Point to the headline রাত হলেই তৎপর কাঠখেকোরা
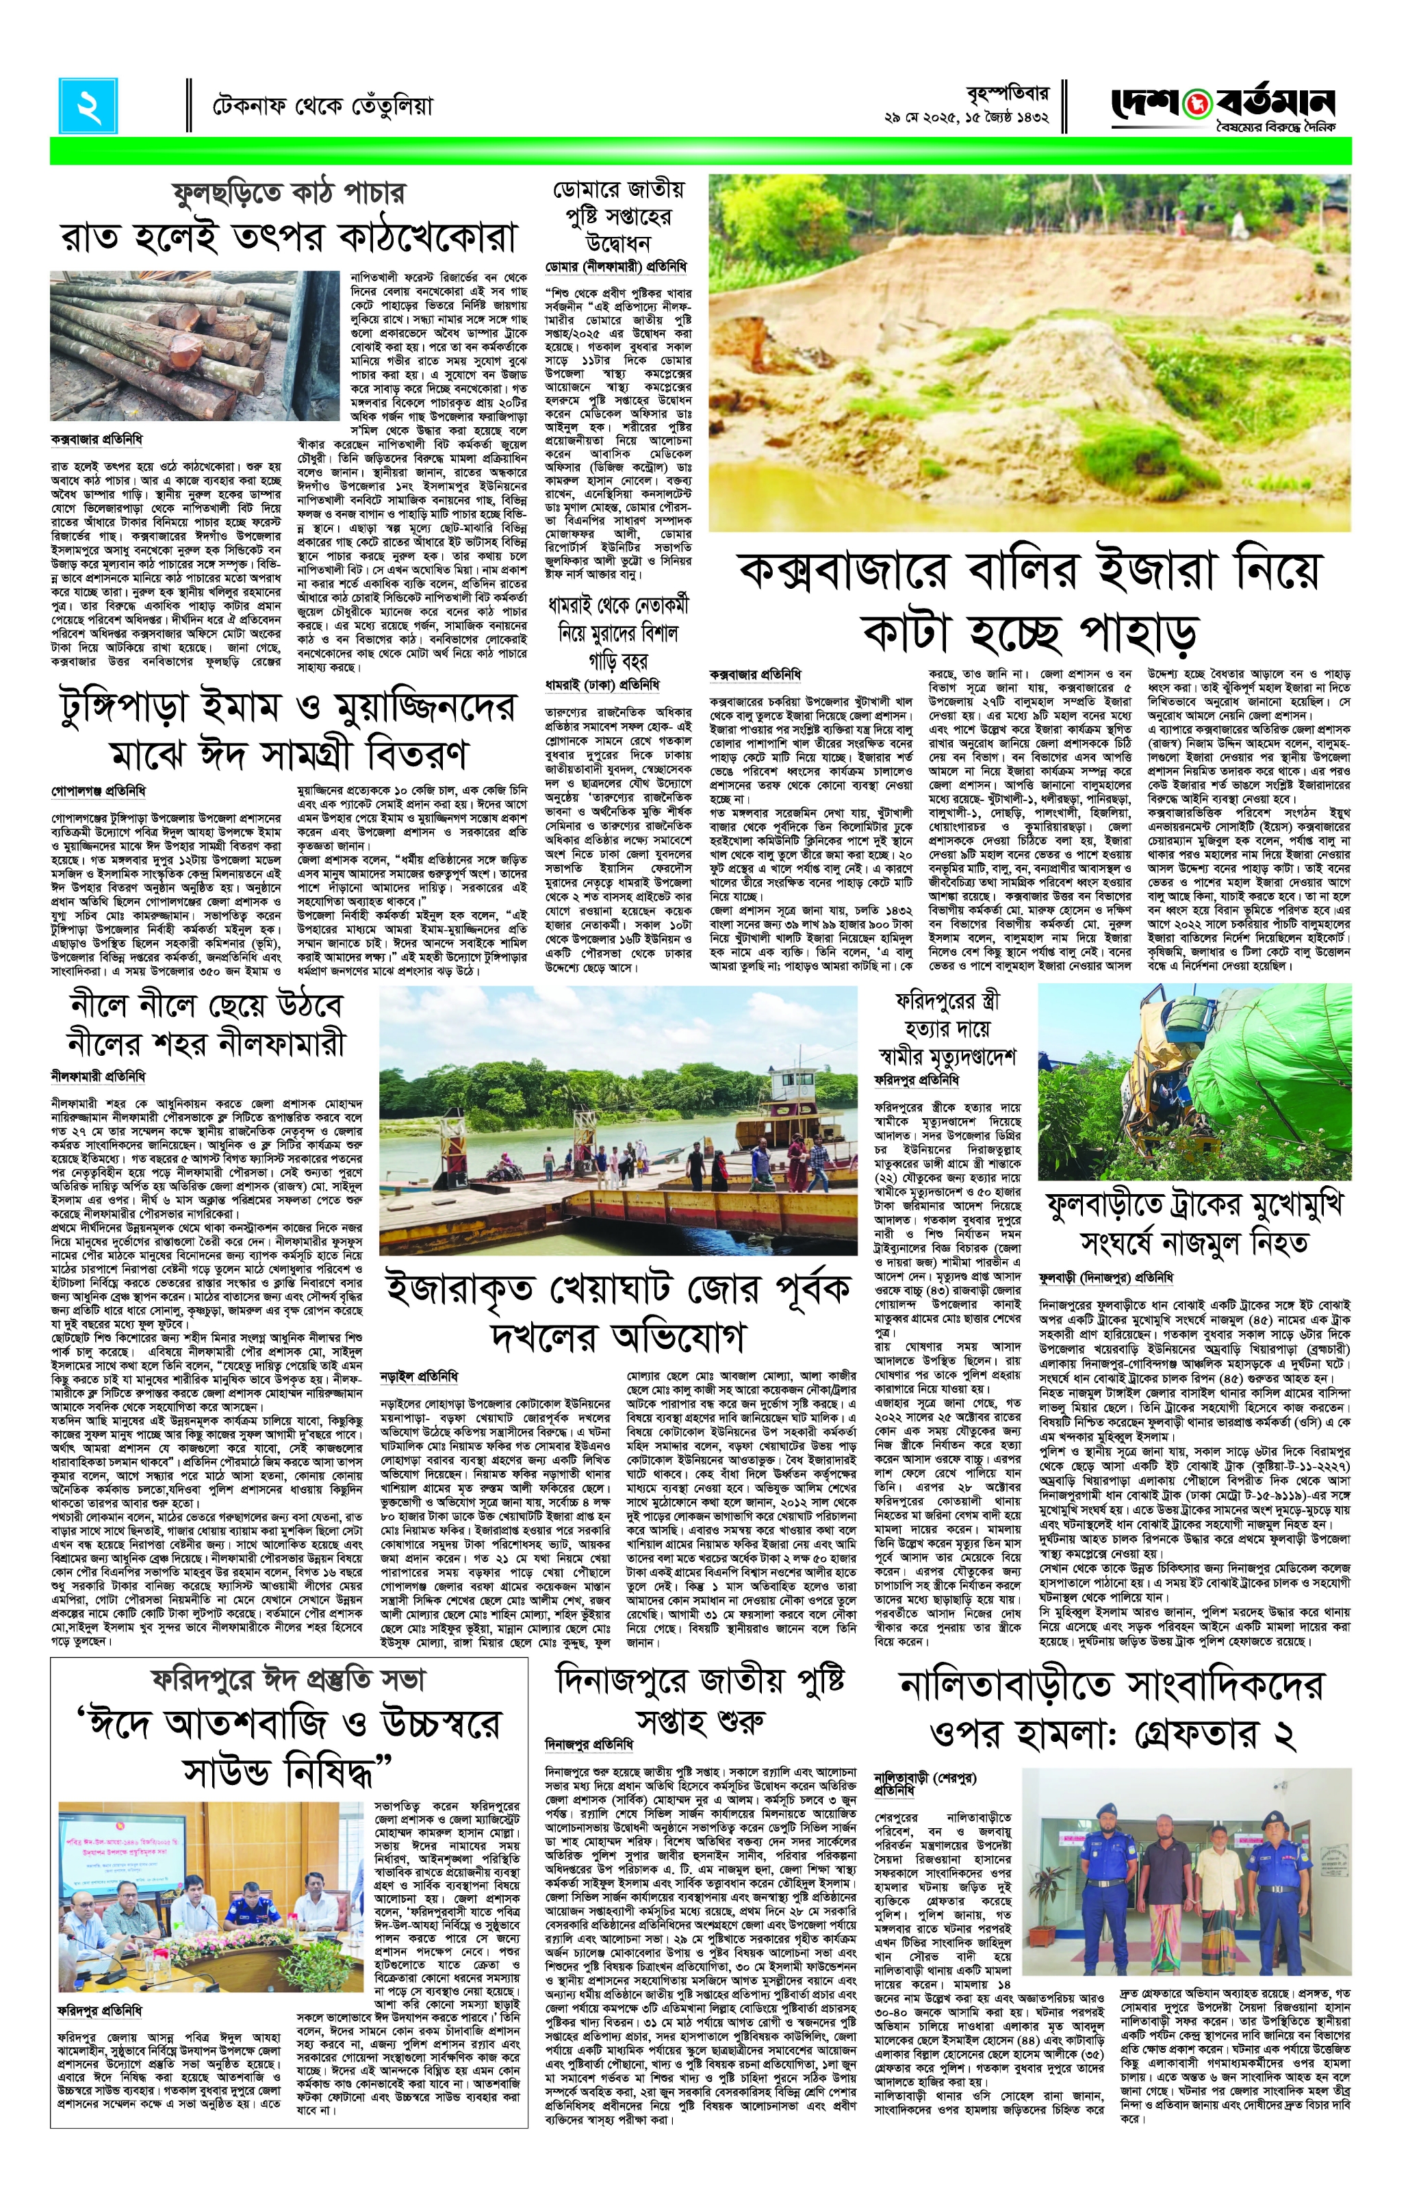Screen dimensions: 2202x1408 tap(289, 236)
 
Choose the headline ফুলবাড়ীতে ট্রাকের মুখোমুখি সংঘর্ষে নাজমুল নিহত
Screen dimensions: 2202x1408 tap(1194, 1223)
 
